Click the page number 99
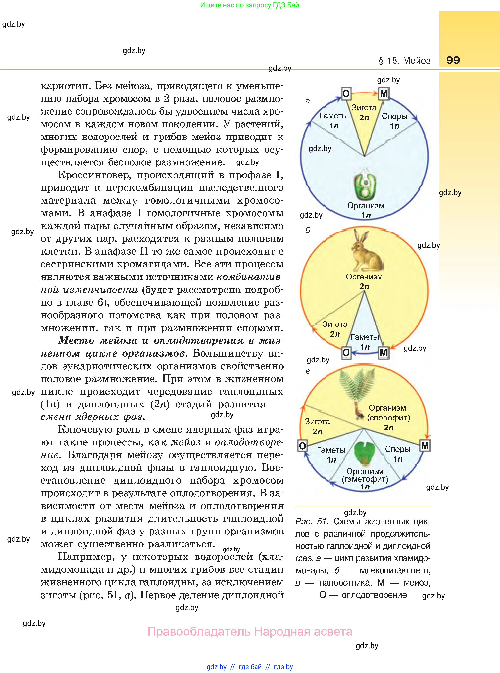click(453, 60)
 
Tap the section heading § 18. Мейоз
click(404, 61)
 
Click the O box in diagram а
click(346, 93)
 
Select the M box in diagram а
click(384, 93)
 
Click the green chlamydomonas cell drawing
click(365, 185)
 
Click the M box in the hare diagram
click(384, 353)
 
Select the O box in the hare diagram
click(346, 353)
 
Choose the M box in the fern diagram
click(425, 445)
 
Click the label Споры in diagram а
click(394, 116)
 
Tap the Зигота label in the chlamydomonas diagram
click(364, 108)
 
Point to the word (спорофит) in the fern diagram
click(389, 418)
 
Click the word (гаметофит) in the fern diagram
click(365, 479)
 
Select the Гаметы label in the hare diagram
click(365, 337)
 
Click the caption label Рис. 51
click(312, 522)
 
